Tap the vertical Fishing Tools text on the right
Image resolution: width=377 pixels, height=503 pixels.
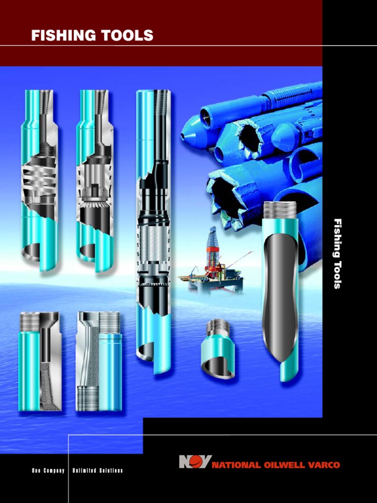(x=337, y=253)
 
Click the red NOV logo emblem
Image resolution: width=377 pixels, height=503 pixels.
(x=194, y=463)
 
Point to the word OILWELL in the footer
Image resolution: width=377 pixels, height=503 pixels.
(x=281, y=465)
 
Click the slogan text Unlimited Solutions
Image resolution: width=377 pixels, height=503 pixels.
(x=98, y=471)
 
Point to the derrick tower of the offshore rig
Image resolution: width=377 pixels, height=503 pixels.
(x=212, y=246)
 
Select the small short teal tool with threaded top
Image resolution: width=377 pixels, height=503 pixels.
(x=217, y=350)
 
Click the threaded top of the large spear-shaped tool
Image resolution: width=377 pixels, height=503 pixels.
(x=280, y=210)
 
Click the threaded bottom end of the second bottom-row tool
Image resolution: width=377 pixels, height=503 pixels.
(x=88, y=398)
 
